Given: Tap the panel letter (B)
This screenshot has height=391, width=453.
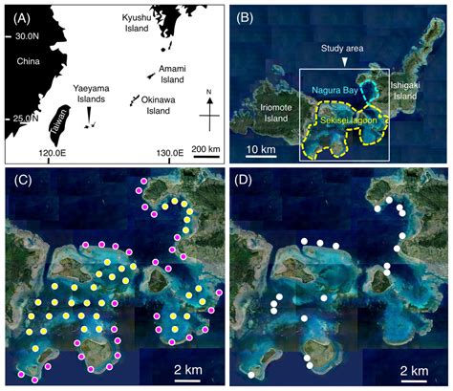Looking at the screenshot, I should (x=245, y=16).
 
